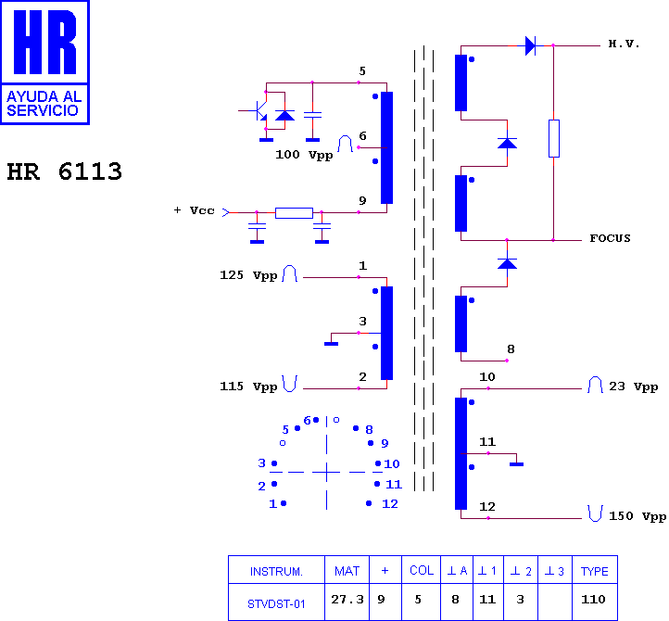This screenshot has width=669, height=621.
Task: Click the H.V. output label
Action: pos(624,44)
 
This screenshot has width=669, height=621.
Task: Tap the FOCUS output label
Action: pos(610,238)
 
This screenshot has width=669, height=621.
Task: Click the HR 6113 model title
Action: pos(65,171)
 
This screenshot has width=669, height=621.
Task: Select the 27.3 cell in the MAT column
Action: pos(347,600)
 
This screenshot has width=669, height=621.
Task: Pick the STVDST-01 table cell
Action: pos(276,604)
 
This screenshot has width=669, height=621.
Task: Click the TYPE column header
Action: pos(595,571)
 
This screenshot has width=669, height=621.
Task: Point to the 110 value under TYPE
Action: pos(593,600)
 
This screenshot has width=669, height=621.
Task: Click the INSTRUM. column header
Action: pos(276,572)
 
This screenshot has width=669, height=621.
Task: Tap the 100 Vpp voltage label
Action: pos(304,155)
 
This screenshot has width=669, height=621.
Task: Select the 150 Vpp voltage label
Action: pos(637,516)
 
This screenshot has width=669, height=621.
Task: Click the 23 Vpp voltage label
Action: pos(633,387)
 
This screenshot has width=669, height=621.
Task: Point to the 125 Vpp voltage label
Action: pos(248,275)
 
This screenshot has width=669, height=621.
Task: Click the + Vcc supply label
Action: pos(195,210)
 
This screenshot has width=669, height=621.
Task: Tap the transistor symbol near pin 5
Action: pos(258,110)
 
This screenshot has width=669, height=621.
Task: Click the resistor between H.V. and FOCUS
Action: pos(554,139)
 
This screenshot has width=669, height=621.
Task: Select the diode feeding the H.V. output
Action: pos(531,45)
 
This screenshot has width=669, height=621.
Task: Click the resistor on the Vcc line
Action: pos(294,213)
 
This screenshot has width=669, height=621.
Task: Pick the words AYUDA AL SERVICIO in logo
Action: pos(44,104)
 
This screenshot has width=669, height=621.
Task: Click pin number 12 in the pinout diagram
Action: pos(390,504)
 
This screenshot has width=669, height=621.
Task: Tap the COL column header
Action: pos(422,571)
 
